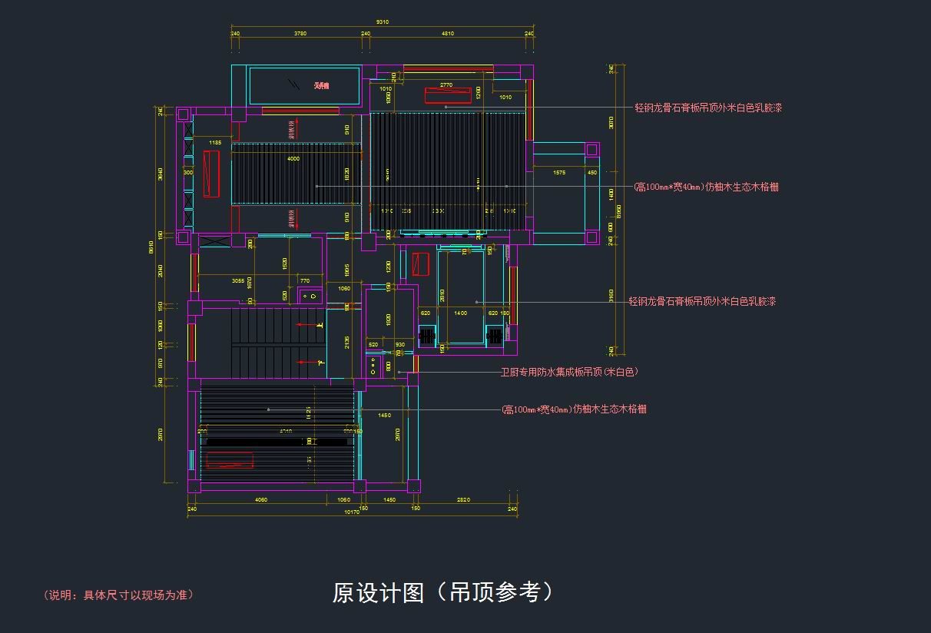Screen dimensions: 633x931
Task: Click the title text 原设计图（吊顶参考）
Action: click(442, 592)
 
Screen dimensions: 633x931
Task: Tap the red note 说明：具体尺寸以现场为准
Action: click(119, 595)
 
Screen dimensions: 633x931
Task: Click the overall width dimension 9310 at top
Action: click(382, 22)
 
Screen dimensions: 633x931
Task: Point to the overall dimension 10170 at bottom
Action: click(352, 512)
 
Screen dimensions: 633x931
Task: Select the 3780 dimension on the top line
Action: click(301, 34)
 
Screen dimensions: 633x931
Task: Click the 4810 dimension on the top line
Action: click(448, 34)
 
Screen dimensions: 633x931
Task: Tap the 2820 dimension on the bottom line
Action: click(463, 500)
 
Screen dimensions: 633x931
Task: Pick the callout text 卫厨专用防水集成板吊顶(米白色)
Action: click(569, 372)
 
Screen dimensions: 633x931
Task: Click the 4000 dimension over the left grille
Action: click(293, 159)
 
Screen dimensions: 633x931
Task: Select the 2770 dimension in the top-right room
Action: click(446, 85)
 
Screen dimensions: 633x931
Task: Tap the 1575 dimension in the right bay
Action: click(559, 173)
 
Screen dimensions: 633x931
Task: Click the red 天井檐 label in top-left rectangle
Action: click(321, 85)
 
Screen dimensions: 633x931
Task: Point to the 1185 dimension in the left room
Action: click(215, 143)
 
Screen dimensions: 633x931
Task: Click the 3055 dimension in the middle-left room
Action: click(239, 281)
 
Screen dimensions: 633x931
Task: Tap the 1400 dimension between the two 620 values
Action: click(460, 313)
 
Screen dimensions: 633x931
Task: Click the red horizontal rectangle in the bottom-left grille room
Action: click(230, 460)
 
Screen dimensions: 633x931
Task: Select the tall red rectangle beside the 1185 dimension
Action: click(211, 174)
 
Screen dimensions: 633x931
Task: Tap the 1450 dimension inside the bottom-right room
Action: click(385, 416)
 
